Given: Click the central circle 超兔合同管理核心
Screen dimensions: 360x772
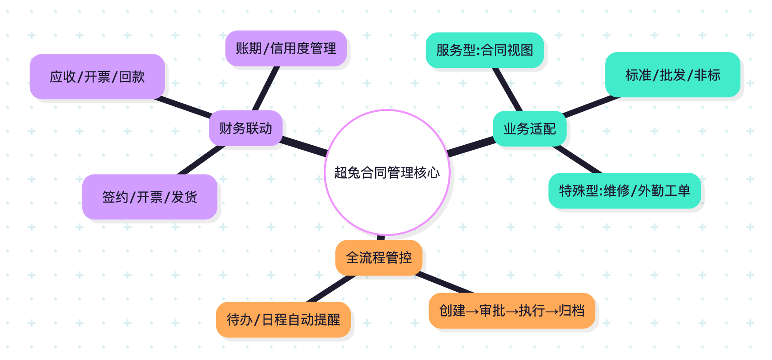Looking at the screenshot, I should [x=387, y=172].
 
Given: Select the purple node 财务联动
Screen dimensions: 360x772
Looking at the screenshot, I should [x=245, y=128].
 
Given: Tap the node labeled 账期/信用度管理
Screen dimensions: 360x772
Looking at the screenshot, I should [x=286, y=48].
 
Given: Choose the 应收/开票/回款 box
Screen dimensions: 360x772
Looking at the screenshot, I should [x=97, y=77].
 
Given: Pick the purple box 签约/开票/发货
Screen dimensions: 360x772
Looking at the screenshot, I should [x=150, y=197].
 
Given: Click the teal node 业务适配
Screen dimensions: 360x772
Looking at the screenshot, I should [x=529, y=129].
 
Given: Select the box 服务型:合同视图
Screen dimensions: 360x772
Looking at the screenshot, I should [x=485, y=50].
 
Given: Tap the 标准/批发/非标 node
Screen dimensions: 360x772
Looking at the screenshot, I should [x=673, y=75].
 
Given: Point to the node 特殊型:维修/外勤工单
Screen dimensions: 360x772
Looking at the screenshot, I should [x=625, y=191].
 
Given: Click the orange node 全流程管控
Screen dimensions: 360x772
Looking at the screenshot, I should [x=379, y=258].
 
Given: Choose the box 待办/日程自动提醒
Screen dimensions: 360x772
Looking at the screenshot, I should [x=283, y=320].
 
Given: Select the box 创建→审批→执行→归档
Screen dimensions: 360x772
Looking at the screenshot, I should [x=512, y=311].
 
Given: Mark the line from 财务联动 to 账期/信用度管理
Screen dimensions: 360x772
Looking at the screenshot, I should [x=266, y=89].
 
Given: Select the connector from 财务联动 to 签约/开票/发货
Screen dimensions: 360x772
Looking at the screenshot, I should [x=201, y=160].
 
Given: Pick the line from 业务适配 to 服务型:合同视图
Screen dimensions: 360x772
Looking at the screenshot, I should [x=508, y=90].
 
